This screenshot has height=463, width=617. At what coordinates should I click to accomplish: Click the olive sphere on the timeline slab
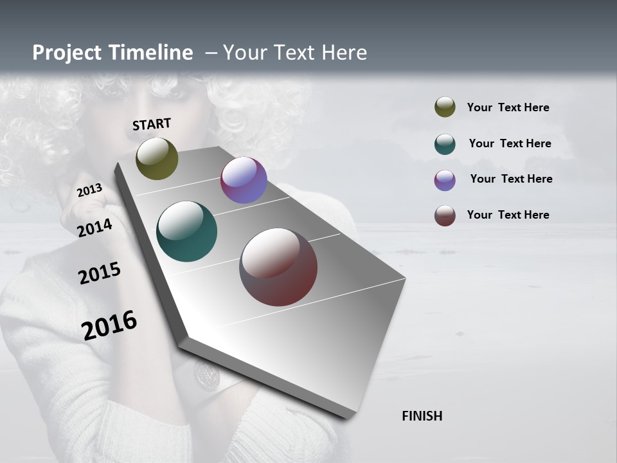157,158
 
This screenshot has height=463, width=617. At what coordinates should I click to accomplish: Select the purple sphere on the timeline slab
244,180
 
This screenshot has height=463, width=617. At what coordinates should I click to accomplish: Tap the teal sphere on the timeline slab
187,232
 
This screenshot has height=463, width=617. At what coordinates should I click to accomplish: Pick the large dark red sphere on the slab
278,267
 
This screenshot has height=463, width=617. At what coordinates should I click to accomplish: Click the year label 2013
90,190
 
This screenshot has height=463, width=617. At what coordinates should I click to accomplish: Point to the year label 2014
95,228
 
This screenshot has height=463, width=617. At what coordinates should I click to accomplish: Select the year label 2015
100,273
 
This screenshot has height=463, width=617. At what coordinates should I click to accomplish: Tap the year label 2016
109,325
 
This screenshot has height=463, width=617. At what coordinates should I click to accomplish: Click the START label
152,124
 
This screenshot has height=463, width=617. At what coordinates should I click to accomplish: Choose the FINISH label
422,416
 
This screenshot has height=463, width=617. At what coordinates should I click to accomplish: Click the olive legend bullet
445,107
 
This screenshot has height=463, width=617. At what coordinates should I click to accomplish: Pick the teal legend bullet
445,144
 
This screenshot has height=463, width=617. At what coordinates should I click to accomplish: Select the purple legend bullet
445,180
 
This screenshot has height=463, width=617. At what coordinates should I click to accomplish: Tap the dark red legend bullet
445,215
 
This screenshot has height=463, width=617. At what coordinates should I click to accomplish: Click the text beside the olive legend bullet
508,107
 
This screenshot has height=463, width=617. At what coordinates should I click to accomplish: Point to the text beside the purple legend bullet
511,179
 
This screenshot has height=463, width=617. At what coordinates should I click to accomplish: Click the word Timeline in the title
152,53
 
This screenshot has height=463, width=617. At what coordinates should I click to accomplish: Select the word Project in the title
67,53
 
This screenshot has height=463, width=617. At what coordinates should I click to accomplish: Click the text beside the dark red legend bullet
508,215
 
